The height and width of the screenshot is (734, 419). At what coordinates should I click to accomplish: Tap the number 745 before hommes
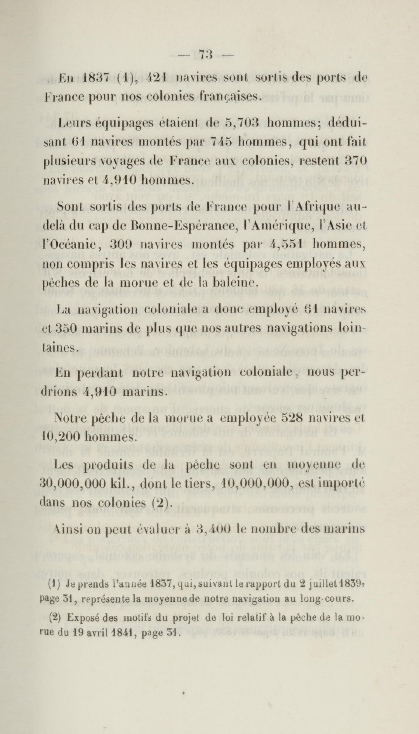tap(221, 142)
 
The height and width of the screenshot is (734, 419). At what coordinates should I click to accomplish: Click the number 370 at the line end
tap(357, 161)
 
